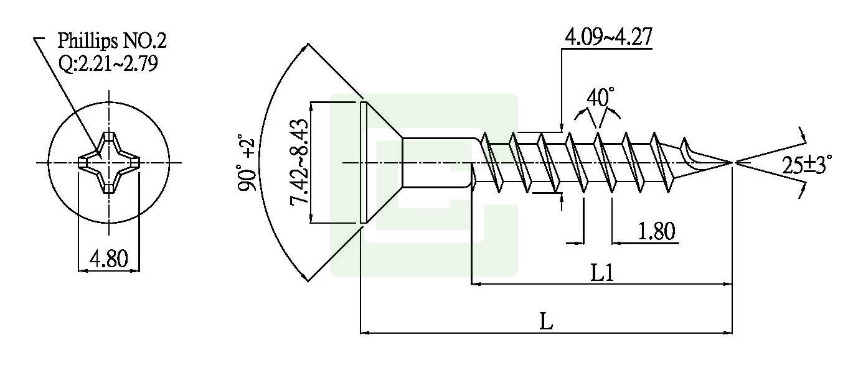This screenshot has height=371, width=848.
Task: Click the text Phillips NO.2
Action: (111, 41)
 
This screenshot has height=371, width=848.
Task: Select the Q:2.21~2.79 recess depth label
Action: (108, 63)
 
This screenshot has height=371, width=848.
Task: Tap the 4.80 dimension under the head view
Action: (109, 259)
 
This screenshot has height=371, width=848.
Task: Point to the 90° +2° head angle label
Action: (247, 163)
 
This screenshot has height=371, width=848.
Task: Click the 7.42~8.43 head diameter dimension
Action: (298, 163)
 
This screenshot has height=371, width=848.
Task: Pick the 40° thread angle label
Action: (600, 98)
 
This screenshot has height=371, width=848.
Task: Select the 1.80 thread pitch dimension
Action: (656, 231)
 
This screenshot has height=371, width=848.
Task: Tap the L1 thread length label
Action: (602, 273)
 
